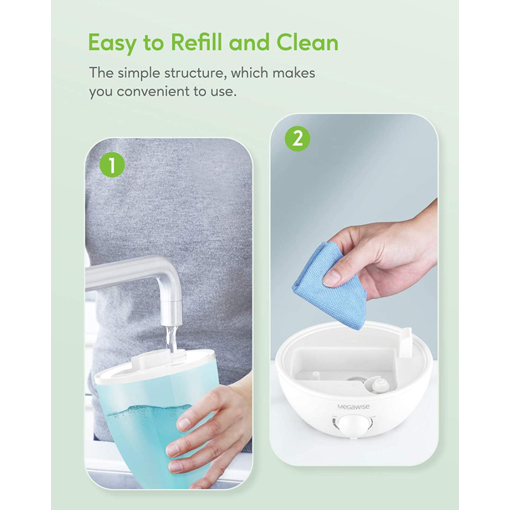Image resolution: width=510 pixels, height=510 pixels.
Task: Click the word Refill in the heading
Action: pyautogui.click(x=198, y=43)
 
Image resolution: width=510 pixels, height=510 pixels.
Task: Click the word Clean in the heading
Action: pyautogui.click(x=308, y=43)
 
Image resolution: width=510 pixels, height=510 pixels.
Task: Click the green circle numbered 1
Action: pyautogui.click(x=112, y=165)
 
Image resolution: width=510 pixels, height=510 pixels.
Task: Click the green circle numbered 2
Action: pyautogui.click(x=298, y=139)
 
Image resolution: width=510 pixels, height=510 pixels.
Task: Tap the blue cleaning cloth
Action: pyautogui.click(x=330, y=277)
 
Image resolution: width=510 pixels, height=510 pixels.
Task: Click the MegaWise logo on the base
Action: pyautogui.click(x=354, y=407)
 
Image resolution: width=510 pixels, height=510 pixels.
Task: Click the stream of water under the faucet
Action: pyautogui.click(x=171, y=340)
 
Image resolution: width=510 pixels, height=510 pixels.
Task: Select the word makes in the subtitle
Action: pyautogui.click(x=294, y=73)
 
